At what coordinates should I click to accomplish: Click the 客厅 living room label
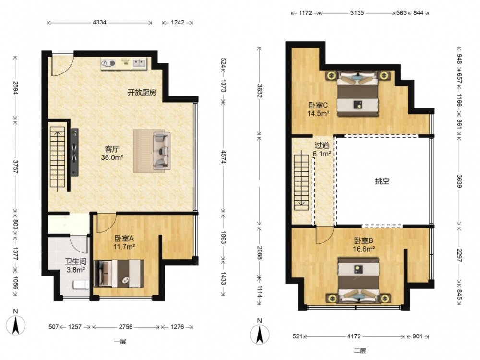pos(112,149)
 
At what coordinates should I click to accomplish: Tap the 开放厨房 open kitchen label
pos(142,93)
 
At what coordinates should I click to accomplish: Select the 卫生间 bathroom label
pos(76,262)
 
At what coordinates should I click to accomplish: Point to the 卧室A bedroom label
pos(124,238)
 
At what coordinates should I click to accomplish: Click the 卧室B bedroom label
pos(364,240)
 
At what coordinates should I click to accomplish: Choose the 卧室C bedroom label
pos(318,105)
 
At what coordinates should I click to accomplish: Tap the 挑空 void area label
pos(383,181)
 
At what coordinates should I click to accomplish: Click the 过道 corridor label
pos(322,145)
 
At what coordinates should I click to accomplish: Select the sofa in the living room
pos(161,151)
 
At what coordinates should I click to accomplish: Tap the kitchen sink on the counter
pos(139,63)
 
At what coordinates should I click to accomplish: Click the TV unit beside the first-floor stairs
pos(75,152)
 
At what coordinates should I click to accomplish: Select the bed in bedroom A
pos(119,274)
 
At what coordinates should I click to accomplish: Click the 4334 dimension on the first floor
pos(99,23)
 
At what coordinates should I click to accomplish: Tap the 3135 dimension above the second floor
pos(357,13)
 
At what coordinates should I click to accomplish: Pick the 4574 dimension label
pos(224,157)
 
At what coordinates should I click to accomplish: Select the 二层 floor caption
pos(360,351)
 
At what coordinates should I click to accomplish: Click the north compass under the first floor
pos(16,324)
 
